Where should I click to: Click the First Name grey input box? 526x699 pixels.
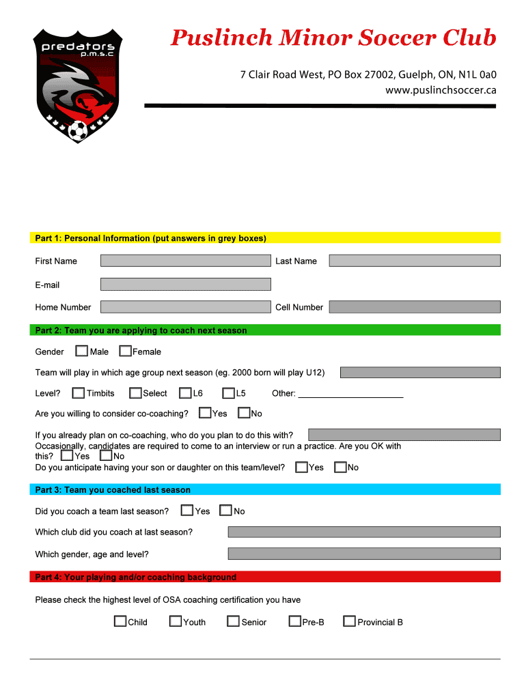point(185,261)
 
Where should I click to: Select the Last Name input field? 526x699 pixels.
point(414,261)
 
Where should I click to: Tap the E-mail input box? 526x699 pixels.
point(185,284)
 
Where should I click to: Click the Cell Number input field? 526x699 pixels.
point(414,307)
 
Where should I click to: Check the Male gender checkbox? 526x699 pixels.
point(81,352)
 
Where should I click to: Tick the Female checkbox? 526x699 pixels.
point(125,352)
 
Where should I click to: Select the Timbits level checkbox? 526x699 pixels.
point(79,393)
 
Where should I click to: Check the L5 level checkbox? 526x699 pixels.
point(228,393)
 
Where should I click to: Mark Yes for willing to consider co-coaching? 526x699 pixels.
point(205,413)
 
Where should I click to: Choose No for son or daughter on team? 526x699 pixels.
point(340,468)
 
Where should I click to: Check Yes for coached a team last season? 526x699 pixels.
point(187,511)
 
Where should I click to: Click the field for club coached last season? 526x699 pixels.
point(364,532)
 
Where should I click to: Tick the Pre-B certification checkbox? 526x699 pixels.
point(295,622)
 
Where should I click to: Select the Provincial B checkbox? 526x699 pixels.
point(349,622)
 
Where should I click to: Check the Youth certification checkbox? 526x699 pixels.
point(176,622)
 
